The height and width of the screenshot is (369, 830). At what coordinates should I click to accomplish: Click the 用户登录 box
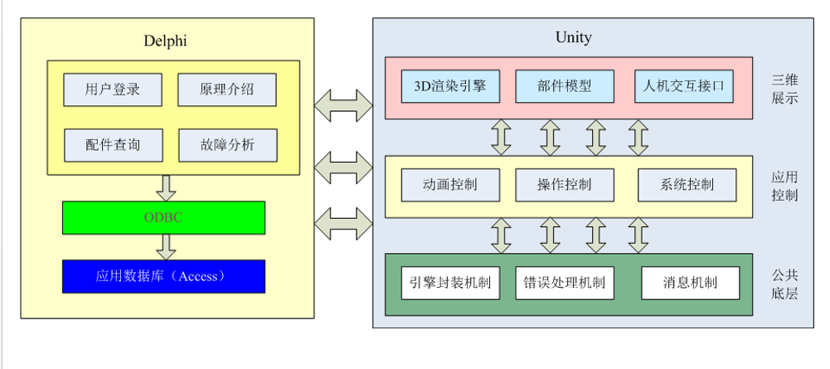[x=113, y=90]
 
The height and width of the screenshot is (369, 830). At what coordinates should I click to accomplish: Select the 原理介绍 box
[x=227, y=90]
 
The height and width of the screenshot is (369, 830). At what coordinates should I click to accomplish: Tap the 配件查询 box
[x=113, y=145]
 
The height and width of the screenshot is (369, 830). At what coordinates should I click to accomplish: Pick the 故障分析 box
[x=227, y=145]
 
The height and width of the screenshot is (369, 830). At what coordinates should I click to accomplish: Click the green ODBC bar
[x=163, y=217]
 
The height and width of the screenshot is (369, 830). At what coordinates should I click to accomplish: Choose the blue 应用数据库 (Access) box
[x=163, y=276]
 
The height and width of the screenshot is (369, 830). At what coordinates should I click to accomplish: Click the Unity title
[x=573, y=37]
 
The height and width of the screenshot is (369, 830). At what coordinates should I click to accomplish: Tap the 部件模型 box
[x=565, y=85]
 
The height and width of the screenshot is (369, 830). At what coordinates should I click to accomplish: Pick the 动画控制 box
[x=450, y=184]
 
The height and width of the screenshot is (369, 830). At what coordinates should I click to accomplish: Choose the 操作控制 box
[x=565, y=184]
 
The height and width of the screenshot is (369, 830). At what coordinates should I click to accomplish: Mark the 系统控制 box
[x=687, y=184]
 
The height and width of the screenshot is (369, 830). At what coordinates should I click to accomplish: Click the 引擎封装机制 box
[x=450, y=283]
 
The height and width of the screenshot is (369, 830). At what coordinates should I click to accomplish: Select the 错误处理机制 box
[x=565, y=283]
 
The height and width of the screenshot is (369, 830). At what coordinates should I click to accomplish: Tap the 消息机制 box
[x=690, y=283]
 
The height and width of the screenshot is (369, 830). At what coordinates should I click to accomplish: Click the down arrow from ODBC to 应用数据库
[x=167, y=246]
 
